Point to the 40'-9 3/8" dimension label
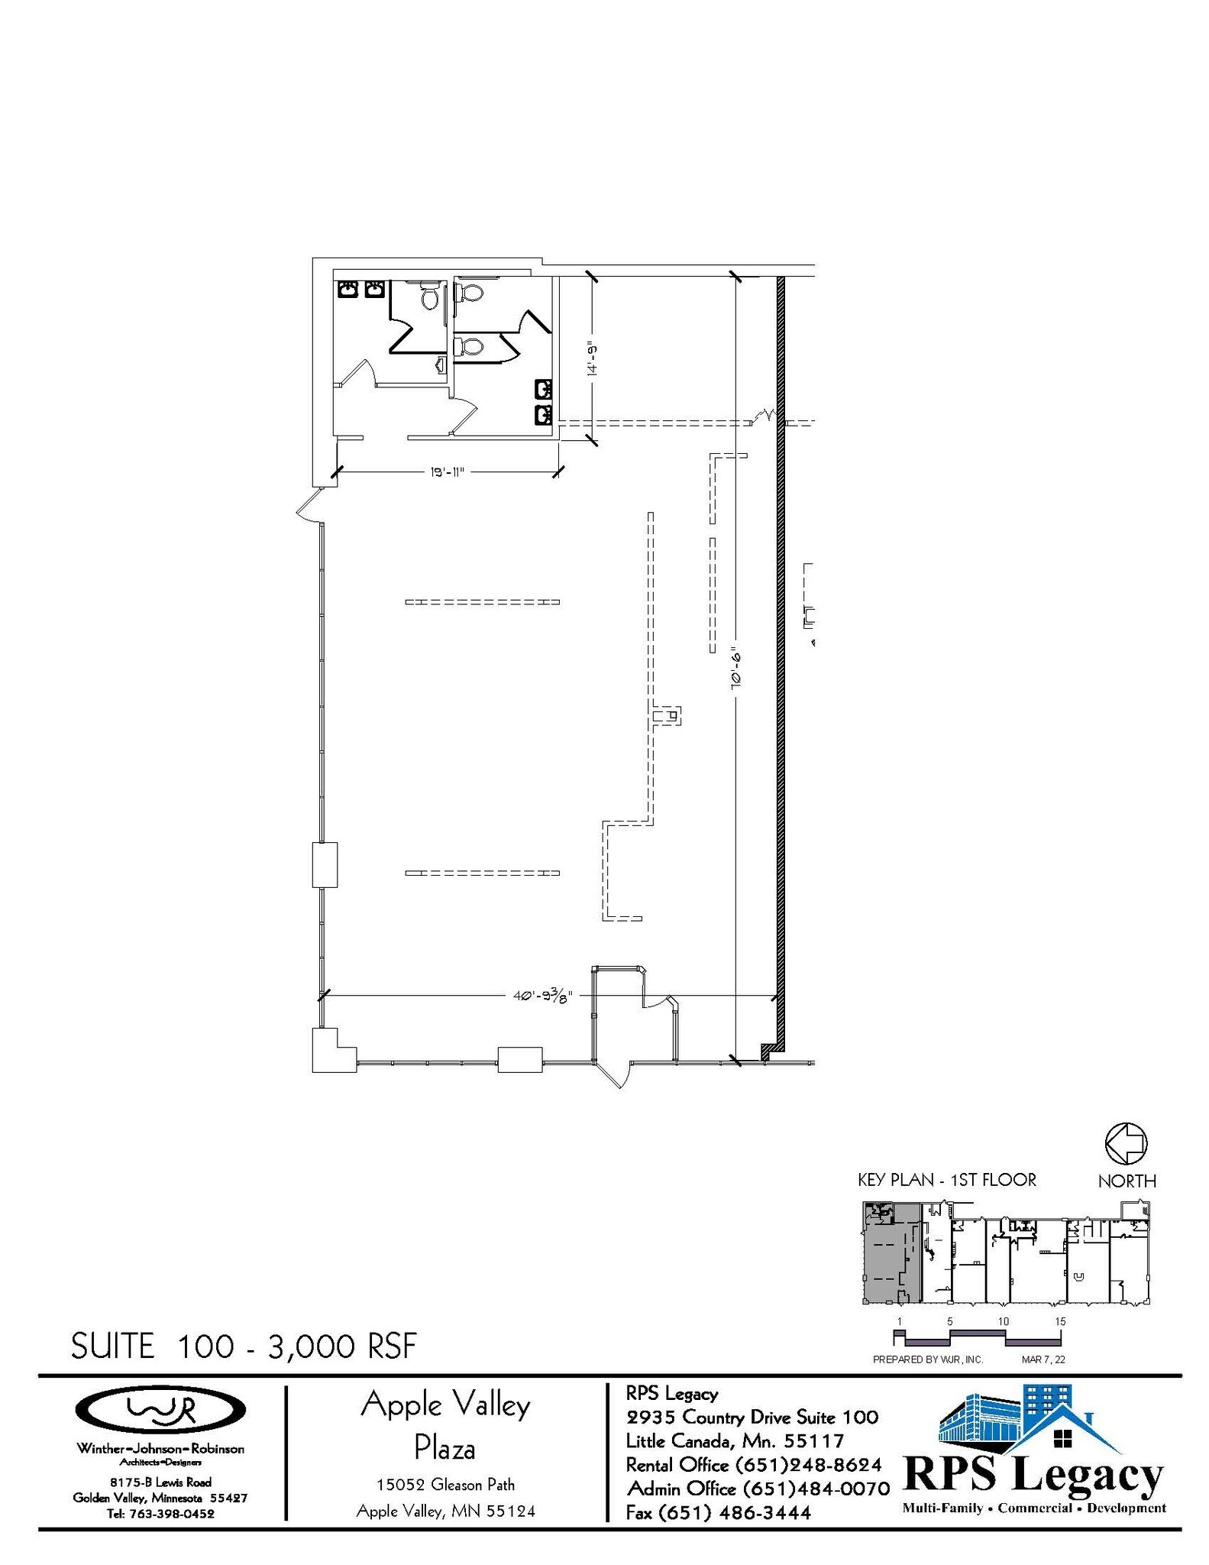(x=542, y=996)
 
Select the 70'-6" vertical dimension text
(x=737, y=669)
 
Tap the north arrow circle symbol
(x=1126, y=1143)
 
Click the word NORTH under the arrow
(x=1127, y=1181)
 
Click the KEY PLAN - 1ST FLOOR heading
(x=946, y=1180)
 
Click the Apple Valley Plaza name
(x=445, y=1426)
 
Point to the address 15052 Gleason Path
(x=445, y=1485)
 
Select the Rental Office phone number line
(x=753, y=1465)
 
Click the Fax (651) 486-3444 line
(x=718, y=1512)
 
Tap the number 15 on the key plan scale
(x=1059, y=1321)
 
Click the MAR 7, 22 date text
(x=1043, y=1360)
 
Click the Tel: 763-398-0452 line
(x=160, y=1513)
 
